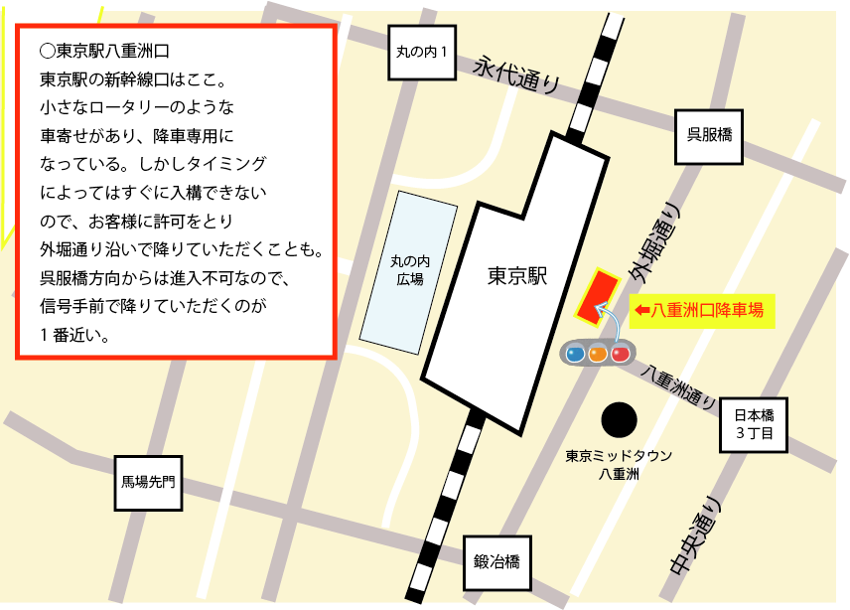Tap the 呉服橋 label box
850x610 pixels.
pyautogui.click(x=709, y=136)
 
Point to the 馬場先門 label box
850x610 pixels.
pyautogui.click(x=148, y=482)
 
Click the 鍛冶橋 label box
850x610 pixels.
pyautogui.click(x=497, y=563)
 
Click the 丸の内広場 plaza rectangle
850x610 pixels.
pyautogui.click(x=407, y=268)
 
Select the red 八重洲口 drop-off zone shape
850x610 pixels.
pyautogui.click(x=596, y=297)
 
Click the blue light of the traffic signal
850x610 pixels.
pyautogui.click(x=575, y=353)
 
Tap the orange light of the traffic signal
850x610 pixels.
pyautogui.click(x=598, y=353)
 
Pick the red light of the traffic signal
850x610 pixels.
pyautogui.click(x=621, y=353)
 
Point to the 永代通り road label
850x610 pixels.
pyautogui.click(x=516, y=74)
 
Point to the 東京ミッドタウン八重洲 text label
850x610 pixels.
pyautogui.click(x=620, y=465)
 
